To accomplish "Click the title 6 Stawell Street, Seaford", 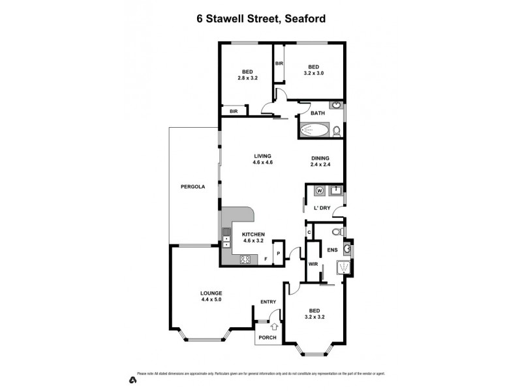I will click(x=261, y=19).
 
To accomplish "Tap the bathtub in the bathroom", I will click(x=315, y=130).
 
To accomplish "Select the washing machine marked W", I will click(x=319, y=190).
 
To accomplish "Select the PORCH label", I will click(x=268, y=338).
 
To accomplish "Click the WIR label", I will click(x=313, y=264).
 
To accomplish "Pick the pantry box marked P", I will click(x=279, y=253).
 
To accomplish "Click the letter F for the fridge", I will click(x=266, y=259).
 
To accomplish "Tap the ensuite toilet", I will click(x=337, y=233).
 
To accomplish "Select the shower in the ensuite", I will click(x=342, y=269).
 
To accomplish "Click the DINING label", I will click(x=320, y=158).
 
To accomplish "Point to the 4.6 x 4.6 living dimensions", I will click(x=262, y=162).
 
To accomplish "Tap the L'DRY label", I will click(x=322, y=208).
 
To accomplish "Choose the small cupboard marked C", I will click(x=309, y=232).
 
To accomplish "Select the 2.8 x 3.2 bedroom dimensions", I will click(x=247, y=78).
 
